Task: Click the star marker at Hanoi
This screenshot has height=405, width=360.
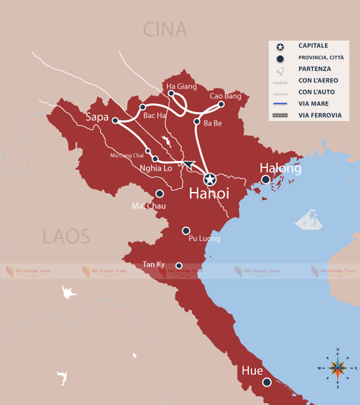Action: pyautogui.click(x=210, y=179)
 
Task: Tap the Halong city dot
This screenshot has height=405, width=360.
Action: pyautogui.click(x=266, y=180)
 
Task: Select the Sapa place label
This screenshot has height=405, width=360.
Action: pyautogui.click(x=98, y=117)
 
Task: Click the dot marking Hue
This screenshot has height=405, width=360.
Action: pyautogui.click(x=267, y=382)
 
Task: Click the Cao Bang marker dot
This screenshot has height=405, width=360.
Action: pyautogui.click(x=221, y=105)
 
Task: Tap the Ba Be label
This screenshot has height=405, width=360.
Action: pyautogui.click(x=212, y=123)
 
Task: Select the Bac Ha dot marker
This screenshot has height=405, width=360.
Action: pyautogui.click(x=143, y=107)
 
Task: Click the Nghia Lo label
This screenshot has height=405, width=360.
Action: pyautogui.click(x=155, y=169)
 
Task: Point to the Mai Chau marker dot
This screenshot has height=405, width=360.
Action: pyautogui.click(x=160, y=193)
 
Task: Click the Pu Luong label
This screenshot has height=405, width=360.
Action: pyautogui.click(x=204, y=239)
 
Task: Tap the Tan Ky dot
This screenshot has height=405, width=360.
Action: pyautogui.click(x=179, y=266)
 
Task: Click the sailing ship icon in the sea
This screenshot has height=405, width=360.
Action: pyautogui.click(x=309, y=220)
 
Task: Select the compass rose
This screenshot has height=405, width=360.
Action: pyautogui.click(x=338, y=368)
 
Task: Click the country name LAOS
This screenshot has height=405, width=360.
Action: pyautogui.click(x=67, y=236)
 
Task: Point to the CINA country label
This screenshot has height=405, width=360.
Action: pyautogui.click(x=165, y=29)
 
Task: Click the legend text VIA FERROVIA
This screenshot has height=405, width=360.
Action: pyautogui.click(x=320, y=115)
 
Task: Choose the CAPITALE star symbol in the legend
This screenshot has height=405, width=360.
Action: pyautogui.click(x=280, y=46)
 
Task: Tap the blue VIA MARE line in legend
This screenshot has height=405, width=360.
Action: pyautogui.click(x=280, y=103)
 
